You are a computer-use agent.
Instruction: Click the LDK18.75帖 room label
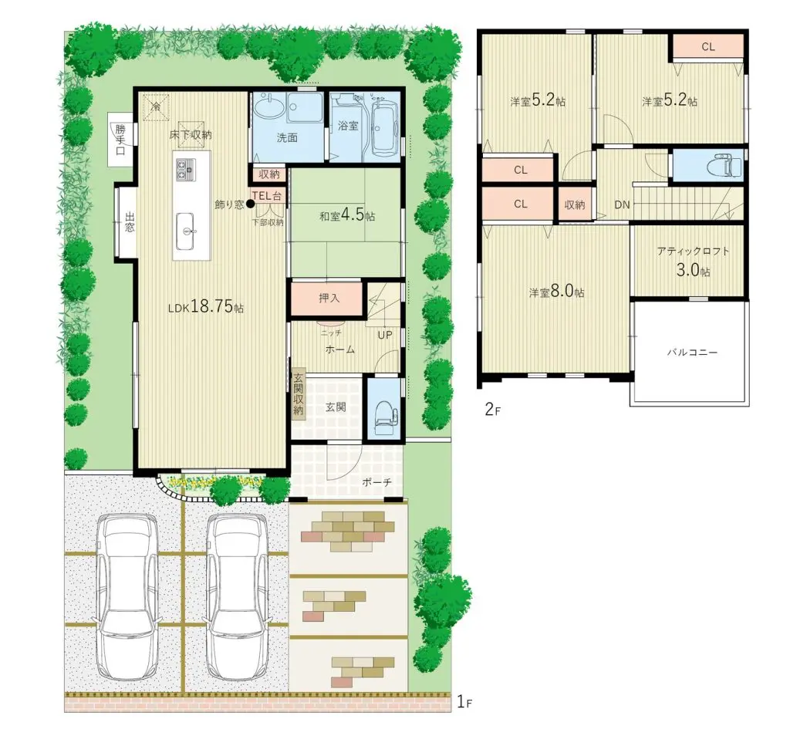coord(205,306)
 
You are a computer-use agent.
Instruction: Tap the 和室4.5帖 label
coord(347,215)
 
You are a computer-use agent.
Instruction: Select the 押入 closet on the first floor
coord(327,299)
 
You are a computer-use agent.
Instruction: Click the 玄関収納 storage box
coord(299,393)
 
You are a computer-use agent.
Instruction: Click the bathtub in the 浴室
coord(385,129)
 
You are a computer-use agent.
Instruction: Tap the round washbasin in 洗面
coord(269,106)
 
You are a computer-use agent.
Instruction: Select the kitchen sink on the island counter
coord(185,231)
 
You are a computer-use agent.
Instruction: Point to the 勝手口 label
coord(120,139)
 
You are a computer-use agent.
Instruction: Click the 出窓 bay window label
coord(130,222)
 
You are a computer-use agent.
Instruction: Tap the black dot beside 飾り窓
coord(250,204)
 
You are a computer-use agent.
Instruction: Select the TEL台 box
coord(267,196)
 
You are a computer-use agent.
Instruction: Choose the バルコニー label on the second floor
coord(692,352)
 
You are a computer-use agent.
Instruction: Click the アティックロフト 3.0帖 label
coord(694,261)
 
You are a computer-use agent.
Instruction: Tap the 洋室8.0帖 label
coord(556,291)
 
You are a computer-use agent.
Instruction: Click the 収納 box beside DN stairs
coord(574,204)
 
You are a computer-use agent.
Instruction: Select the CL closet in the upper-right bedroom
coord(708,47)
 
